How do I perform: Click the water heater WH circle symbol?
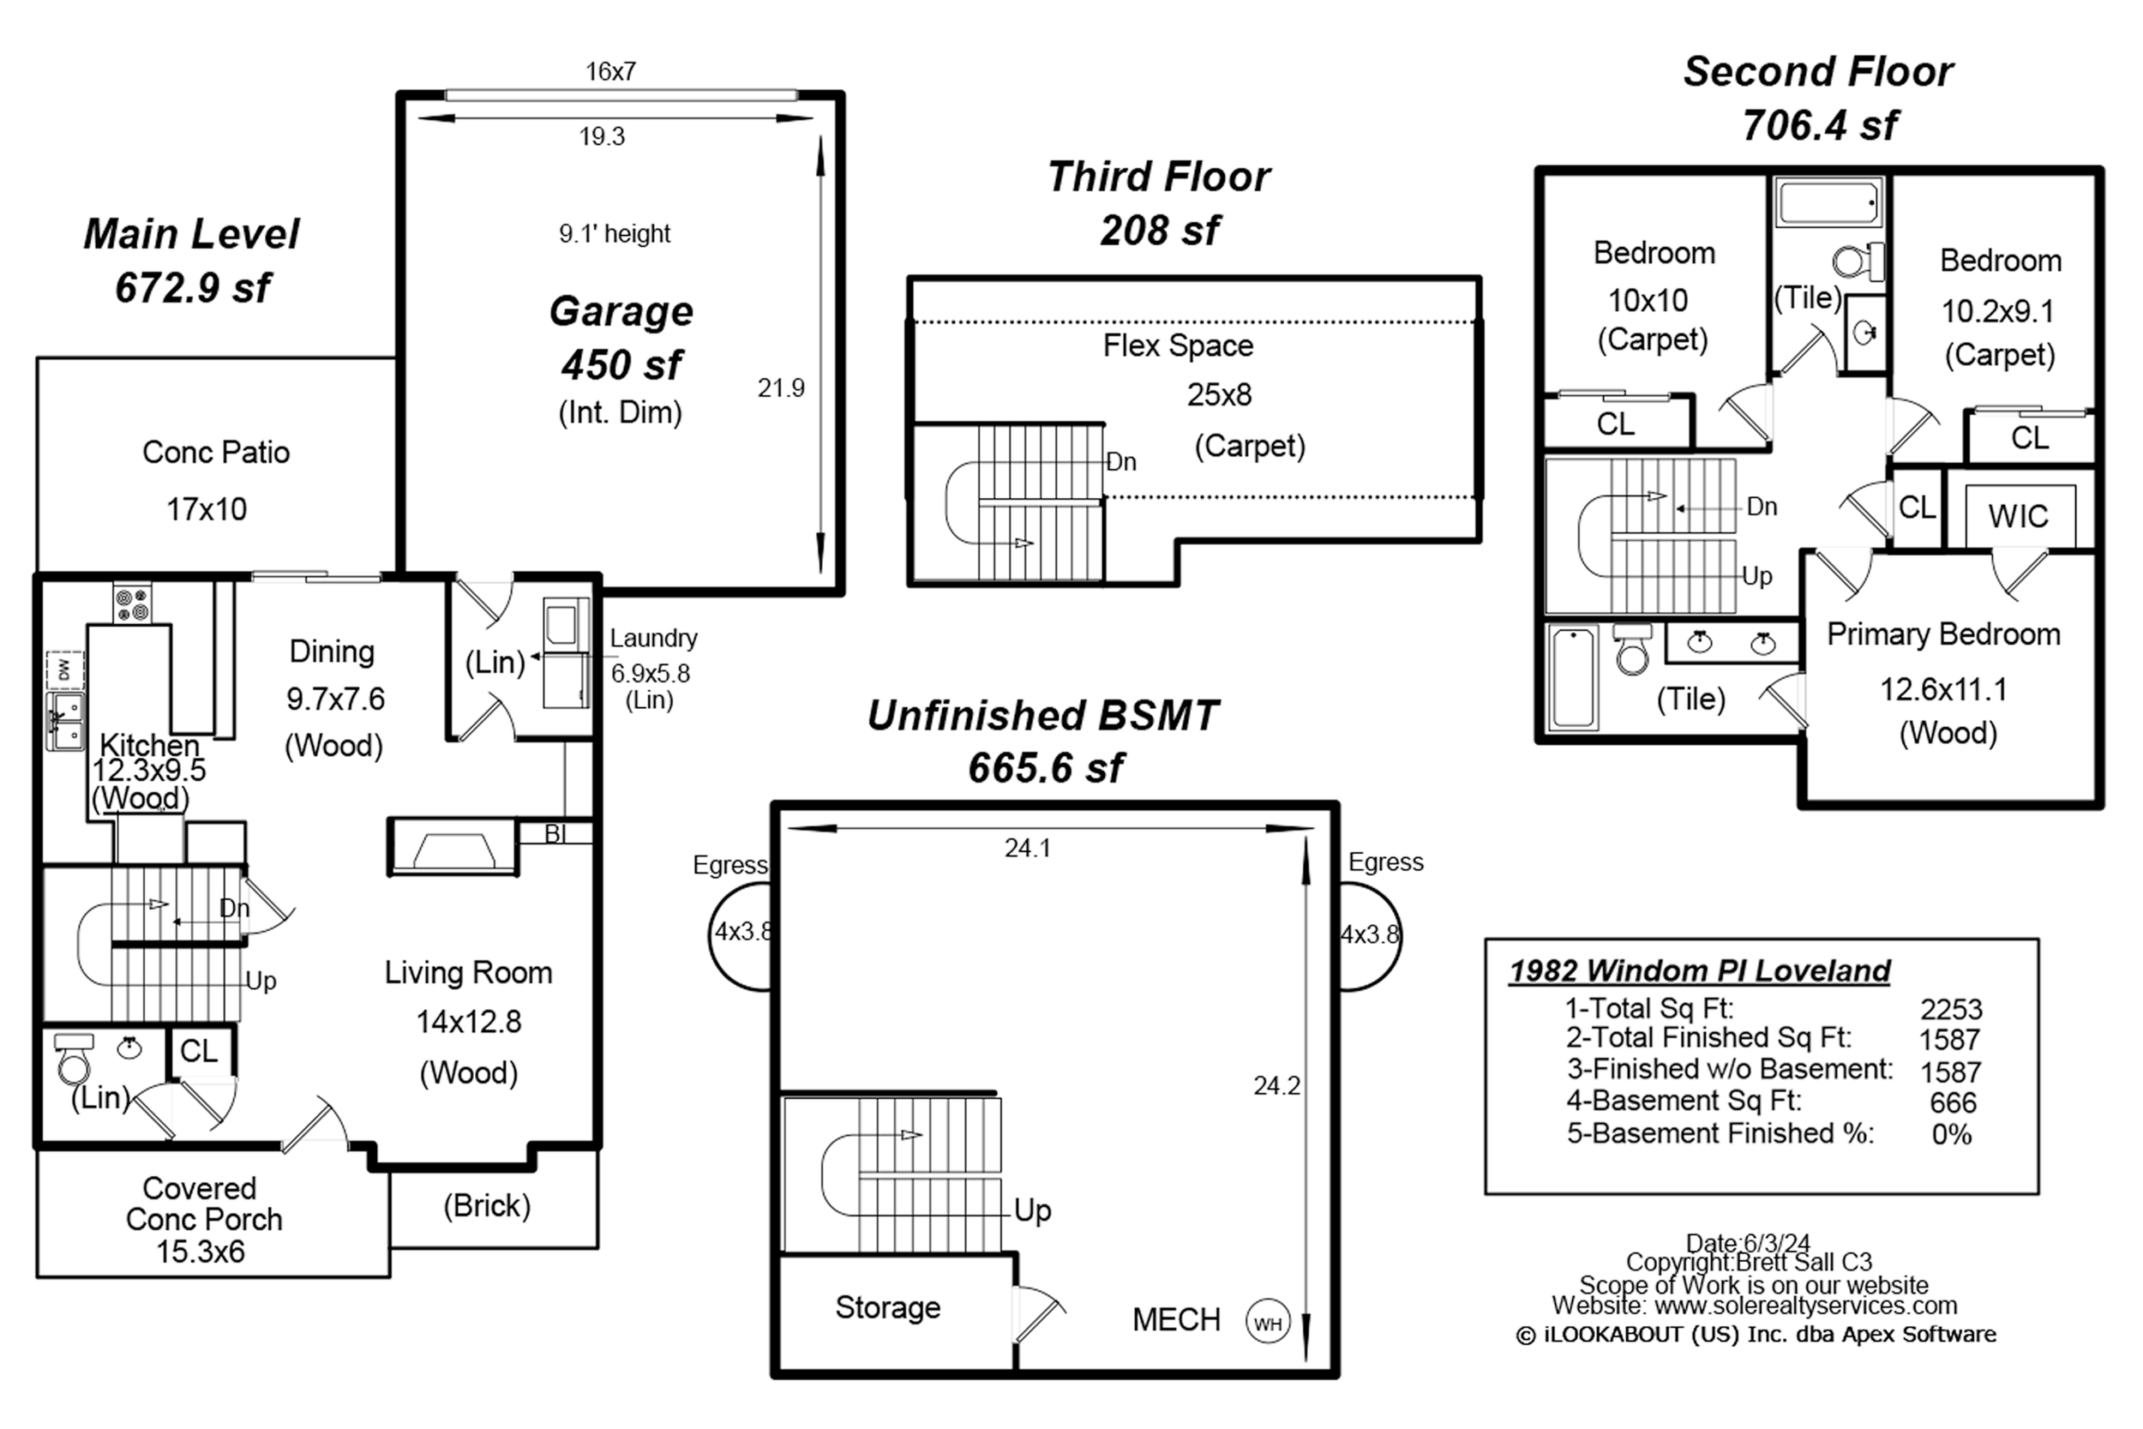(x=1268, y=1323)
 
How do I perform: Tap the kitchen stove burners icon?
(x=132, y=604)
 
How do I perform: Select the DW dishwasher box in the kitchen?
(x=64, y=670)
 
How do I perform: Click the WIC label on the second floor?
(x=2018, y=517)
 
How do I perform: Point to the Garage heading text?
(x=621, y=312)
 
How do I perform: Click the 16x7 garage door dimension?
(x=610, y=71)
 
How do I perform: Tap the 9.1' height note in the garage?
(x=615, y=234)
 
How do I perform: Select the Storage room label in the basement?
(x=888, y=1308)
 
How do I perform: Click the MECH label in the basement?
(x=1176, y=1319)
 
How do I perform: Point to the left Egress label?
(x=729, y=865)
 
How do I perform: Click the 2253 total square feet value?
(x=1952, y=1009)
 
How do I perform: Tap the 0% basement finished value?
(x=1952, y=1135)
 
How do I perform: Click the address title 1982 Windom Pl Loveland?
(x=1700, y=971)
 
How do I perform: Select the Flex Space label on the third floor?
(x=1178, y=346)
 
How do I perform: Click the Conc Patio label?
(x=216, y=452)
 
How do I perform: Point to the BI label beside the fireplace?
(x=555, y=834)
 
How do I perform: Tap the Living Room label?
(x=468, y=973)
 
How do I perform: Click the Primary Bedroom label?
(x=1943, y=634)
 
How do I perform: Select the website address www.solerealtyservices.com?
(x=1806, y=1305)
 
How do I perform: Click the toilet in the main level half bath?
(x=74, y=1057)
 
